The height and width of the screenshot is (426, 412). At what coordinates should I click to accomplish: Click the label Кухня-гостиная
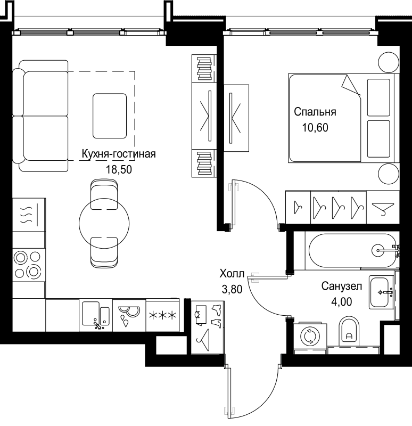(x=119, y=154)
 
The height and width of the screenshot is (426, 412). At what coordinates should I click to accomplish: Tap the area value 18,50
(x=119, y=169)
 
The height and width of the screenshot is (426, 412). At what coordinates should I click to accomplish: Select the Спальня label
(x=315, y=112)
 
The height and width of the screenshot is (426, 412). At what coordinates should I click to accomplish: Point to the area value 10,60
(x=315, y=127)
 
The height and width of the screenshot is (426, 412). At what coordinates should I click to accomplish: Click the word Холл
(x=232, y=274)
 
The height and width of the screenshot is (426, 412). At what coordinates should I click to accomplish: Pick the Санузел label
(x=342, y=286)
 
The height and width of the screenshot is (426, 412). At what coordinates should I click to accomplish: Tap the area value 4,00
(x=342, y=301)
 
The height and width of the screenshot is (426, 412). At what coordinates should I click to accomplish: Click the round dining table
(x=104, y=223)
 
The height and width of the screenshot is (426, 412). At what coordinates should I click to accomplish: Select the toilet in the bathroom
(x=349, y=331)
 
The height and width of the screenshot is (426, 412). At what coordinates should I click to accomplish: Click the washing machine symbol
(x=310, y=337)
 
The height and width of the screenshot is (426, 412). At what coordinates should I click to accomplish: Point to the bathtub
(x=353, y=250)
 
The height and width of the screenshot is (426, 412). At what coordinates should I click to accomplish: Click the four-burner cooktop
(x=29, y=265)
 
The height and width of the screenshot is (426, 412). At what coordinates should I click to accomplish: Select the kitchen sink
(x=96, y=315)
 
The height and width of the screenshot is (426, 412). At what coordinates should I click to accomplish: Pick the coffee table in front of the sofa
(x=110, y=116)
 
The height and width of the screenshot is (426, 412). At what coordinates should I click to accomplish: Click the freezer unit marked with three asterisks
(x=162, y=315)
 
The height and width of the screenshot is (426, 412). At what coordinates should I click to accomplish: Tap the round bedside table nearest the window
(x=389, y=62)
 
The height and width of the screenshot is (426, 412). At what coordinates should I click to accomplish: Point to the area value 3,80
(x=232, y=289)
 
